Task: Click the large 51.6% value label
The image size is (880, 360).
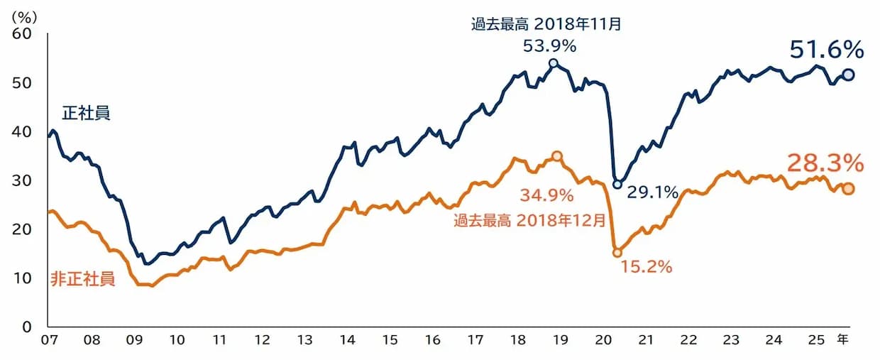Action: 826,50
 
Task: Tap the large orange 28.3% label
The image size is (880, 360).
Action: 825,163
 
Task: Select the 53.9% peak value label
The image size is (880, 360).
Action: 549,46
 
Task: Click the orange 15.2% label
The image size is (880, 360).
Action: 646,267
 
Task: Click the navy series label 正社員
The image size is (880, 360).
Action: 86,113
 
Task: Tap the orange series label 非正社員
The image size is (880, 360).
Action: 82,278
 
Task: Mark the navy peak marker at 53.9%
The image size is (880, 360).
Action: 554,63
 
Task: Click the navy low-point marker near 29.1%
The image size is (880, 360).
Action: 617,185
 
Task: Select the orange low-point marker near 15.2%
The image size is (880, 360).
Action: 617,252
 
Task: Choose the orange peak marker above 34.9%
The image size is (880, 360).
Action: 557,156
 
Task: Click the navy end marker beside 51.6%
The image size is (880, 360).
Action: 847,75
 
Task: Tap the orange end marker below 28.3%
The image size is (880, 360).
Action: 847,189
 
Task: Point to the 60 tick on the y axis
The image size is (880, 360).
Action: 22,34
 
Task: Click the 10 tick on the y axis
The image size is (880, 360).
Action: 22,278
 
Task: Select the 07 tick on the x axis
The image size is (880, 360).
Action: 49,340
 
